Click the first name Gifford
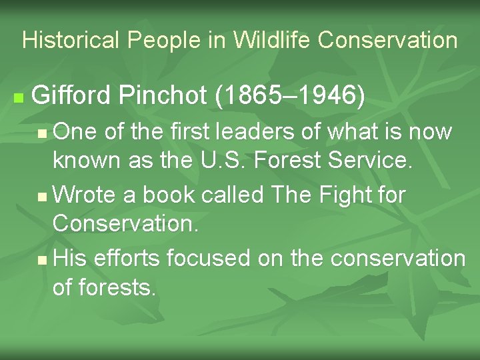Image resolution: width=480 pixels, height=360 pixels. click(x=71, y=97)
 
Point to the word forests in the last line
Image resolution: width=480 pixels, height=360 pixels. click(x=117, y=288)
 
